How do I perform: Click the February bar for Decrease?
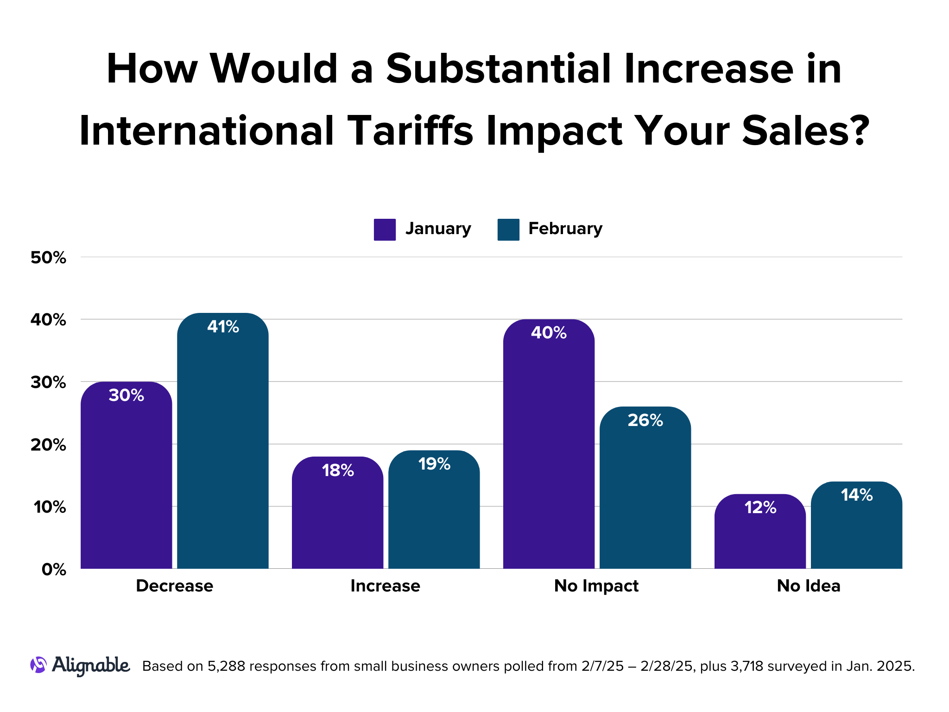click(x=222, y=445)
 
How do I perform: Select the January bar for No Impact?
click(x=549, y=450)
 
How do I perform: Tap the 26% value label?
click(x=645, y=420)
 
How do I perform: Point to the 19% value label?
click(x=434, y=464)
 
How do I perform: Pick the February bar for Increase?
click(x=434, y=515)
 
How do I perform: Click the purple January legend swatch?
click(x=385, y=229)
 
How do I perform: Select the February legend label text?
click(x=565, y=229)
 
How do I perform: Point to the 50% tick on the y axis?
click(x=48, y=258)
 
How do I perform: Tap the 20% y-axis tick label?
click(x=48, y=445)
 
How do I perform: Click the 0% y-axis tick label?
click(x=54, y=570)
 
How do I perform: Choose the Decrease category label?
click(x=174, y=586)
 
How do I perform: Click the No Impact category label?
click(x=596, y=586)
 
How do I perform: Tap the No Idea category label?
click(x=808, y=586)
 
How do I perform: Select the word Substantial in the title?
click(x=498, y=69)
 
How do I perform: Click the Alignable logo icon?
click(x=38, y=665)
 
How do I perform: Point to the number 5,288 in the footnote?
click(x=227, y=667)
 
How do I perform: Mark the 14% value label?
click(x=856, y=495)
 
